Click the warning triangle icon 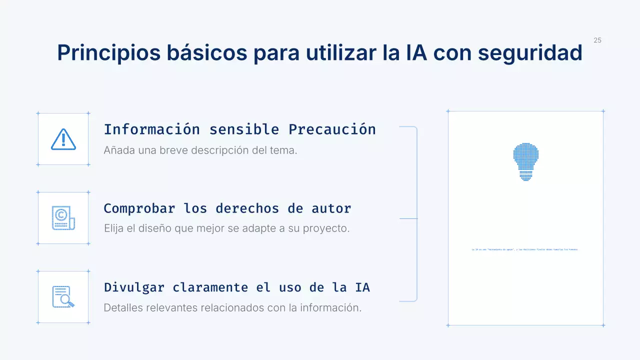[x=63, y=139]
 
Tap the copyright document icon [x=63, y=218]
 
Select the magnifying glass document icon [x=63, y=297]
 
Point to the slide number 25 [x=597, y=40]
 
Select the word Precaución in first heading [x=332, y=129]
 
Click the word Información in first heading [x=152, y=129]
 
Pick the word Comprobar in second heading [x=139, y=208]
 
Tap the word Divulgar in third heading [x=134, y=287]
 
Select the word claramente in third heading [x=210, y=287]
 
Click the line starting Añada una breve [x=200, y=150]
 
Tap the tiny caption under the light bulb [x=524, y=249]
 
